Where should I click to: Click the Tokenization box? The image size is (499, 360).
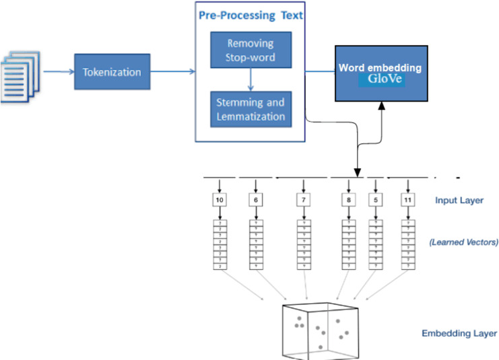[108, 71]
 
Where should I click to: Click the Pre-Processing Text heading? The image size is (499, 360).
[251, 15]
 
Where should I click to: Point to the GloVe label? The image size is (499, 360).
[381, 79]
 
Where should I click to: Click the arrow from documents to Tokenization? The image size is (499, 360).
[59, 71]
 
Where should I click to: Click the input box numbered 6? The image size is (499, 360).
[255, 200]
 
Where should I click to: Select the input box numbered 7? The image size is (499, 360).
[304, 200]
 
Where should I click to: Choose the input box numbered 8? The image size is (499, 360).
[348, 200]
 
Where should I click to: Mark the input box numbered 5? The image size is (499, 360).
[376, 200]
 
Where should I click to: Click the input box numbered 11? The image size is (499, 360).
[407, 200]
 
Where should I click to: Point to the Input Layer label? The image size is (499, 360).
[459, 200]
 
